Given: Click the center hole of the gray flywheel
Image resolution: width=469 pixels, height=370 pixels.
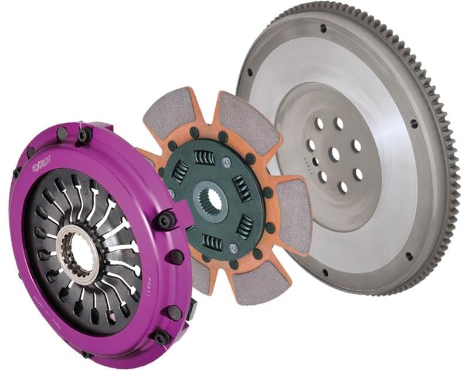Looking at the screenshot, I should pos(335,154).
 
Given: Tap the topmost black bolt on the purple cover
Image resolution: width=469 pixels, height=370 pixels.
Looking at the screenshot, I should pos(84,136).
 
